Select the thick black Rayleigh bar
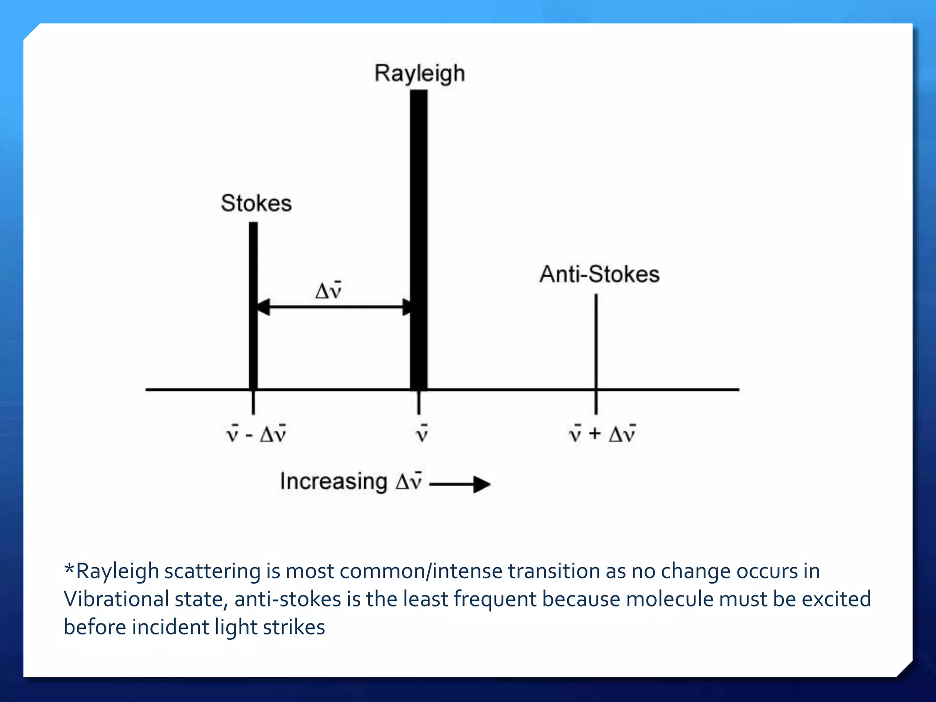(x=419, y=238)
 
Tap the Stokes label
(x=256, y=203)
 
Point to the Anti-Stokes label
(x=599, y=274)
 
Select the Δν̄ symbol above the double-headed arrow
(x=329, y=290)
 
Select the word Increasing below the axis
(x=334, y=482)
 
